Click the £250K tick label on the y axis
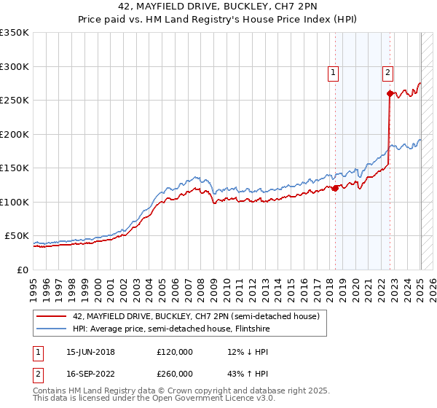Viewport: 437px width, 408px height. (14, 100)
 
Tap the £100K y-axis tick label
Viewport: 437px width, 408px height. (14, 202)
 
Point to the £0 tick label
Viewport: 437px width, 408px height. (22, 270)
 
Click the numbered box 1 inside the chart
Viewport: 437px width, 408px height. (333, 72)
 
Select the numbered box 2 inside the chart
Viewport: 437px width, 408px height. (387, 72)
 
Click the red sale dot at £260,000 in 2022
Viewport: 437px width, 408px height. (390, 93)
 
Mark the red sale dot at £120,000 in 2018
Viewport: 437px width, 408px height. (335, 188)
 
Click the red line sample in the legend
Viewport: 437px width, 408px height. (52, 316)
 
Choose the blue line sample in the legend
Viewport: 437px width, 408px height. (52, 329)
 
